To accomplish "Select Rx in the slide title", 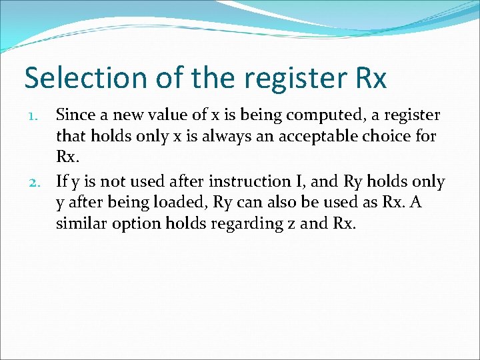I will (x=367, y=78).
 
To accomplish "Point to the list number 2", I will (x=39, y=181).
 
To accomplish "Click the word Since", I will (x=75, y=115).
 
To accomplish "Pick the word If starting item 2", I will (x=62, y=181).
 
